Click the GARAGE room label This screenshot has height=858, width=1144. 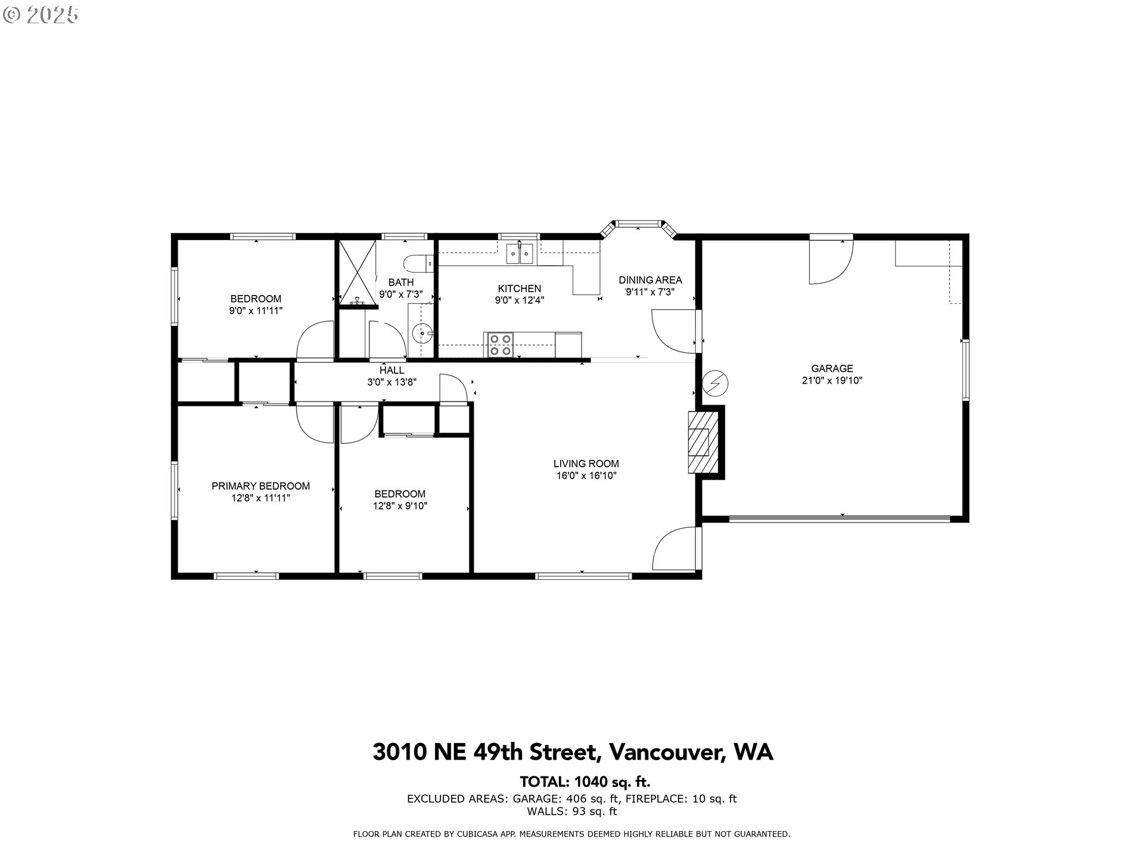[832, 368]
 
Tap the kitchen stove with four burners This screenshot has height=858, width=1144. [500, 344]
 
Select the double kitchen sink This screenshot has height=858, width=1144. [520, 254]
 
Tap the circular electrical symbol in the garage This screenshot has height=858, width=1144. [716, 383]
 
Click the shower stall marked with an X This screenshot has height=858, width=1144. [357, 272]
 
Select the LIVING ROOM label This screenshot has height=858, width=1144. [586, 464]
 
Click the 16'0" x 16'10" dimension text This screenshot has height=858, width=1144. [586, 475]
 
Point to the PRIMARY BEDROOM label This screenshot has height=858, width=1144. [260, 486]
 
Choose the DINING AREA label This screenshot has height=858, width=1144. [650, 280]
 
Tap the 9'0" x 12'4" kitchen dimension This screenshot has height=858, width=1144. [519, 301]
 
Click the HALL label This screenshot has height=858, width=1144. [391, 371]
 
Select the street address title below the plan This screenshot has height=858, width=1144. [573, 752]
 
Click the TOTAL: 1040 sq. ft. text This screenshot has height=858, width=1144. [585, 782]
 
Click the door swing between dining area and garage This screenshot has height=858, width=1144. [674, 329]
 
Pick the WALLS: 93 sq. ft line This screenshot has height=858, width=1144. [571, 812]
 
